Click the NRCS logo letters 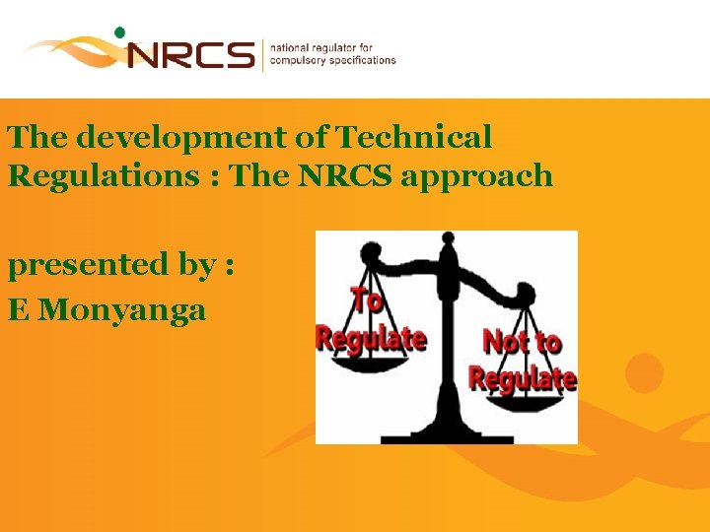click(190, 53)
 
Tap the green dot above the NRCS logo click(120, 32)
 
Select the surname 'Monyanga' click(124, 310)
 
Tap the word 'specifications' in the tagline click(361, 60)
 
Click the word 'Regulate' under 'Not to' click(522, 376)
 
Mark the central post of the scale click(450, 335)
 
